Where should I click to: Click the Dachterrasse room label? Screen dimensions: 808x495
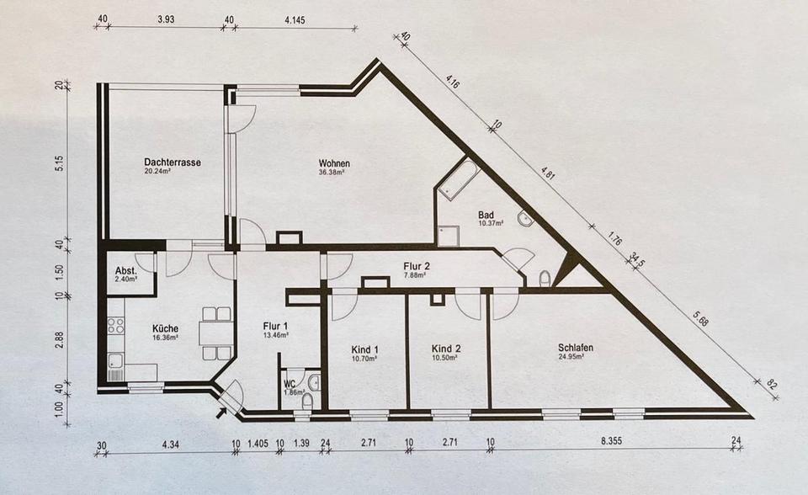coord(173,162)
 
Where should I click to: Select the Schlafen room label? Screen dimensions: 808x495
coord(576,348)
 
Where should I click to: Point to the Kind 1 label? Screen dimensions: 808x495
coord(364,349)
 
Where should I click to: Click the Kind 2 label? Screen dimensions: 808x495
coord(446,349)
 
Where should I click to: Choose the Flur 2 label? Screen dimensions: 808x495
coord(417,267)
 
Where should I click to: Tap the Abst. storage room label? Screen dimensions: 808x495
coord(125,271)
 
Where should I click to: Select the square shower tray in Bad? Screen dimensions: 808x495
coord(446,235)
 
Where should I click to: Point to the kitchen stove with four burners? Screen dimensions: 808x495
coord(115,325)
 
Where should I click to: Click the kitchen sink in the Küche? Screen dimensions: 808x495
coord(115,364)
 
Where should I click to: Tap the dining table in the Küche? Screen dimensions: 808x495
coord(215,333)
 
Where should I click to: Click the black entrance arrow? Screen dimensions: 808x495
coord(222,411)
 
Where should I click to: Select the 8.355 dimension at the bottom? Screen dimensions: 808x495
coord(612,441)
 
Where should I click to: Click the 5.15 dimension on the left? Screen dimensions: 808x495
coord(61,163)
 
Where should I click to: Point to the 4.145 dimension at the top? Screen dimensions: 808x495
coord(295,20)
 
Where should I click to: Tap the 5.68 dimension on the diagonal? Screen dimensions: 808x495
coord(702,320)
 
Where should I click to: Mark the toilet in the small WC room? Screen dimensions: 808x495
coord(308,402)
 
